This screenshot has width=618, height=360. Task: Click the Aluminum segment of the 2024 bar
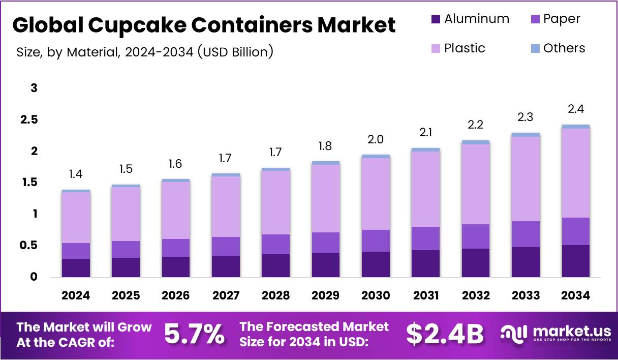[x=76, y=267]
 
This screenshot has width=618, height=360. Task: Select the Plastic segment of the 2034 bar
[x=576, y=173]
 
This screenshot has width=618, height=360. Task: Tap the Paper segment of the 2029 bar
[x=326, y=243]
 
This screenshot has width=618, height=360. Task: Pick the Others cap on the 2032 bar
[x=476, y=142]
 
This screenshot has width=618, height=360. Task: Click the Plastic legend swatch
[x=436, y=49]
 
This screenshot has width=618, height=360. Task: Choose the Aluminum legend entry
[x=470, y=19]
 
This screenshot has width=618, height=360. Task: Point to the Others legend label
[x=564, y=48]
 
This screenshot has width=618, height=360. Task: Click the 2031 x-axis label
[x=426, y=295]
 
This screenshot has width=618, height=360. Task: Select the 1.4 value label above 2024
[x=76, y=174]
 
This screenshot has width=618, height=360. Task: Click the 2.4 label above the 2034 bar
[x=576, y=109]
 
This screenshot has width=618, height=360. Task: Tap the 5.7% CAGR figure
[x=194, y=334]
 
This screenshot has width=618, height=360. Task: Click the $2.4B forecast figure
[x=445, y=334]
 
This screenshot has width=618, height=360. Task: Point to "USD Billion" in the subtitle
[x=235, y=51]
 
